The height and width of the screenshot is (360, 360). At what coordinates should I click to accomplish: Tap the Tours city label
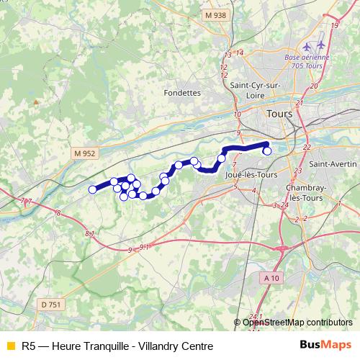(x=279, y=114)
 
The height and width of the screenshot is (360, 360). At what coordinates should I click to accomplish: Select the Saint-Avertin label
(x=330, y=164)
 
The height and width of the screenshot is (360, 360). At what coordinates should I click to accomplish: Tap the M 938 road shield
(x=214, y=15)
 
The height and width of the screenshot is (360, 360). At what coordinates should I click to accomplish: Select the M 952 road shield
(x=84, y=153)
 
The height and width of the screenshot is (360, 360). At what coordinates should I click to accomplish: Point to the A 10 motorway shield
(x=271, y=278)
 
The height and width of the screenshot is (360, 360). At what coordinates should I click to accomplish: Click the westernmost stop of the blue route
(x=92, y=189)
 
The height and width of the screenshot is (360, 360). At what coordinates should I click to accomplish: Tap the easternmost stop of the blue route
(x=268, y=151)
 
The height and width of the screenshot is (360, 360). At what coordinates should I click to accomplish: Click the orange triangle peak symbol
(x=35, y=103)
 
